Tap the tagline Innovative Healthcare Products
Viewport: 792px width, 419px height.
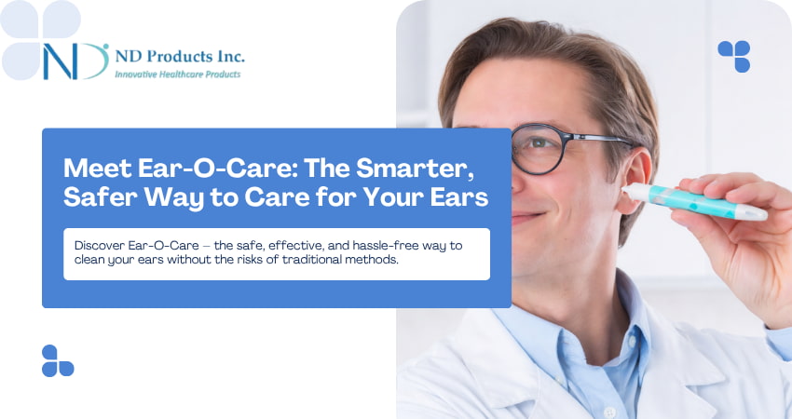click(x=177, y=74)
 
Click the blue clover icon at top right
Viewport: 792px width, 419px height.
click(x=733, y=56)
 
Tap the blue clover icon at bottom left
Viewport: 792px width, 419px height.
click(x=57, y=360)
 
